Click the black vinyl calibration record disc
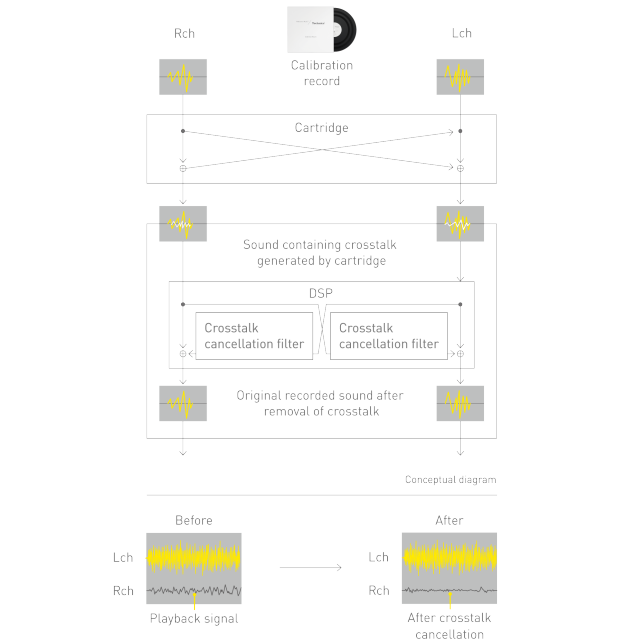coord(340,33)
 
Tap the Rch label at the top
coord(183,34)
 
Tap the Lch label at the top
coord(460,34)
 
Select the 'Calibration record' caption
coord(322,73)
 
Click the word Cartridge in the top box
coord(322,128)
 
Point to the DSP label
coord(322,294)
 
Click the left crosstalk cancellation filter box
coord(253,336)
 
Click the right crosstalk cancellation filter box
coord(388,336)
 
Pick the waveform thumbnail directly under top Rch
coord(183,77)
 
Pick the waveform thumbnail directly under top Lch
coord(460,77)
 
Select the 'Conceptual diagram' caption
coord(450,480)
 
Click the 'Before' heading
coord(194,520)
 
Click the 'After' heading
coord(449,520)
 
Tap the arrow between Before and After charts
coord(311,569)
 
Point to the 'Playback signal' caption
coord(194,619)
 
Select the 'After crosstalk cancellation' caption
coord(449,626)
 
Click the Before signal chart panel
coord(194,567)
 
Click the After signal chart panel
coord(449,567)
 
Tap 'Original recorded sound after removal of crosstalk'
coord(321,403)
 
